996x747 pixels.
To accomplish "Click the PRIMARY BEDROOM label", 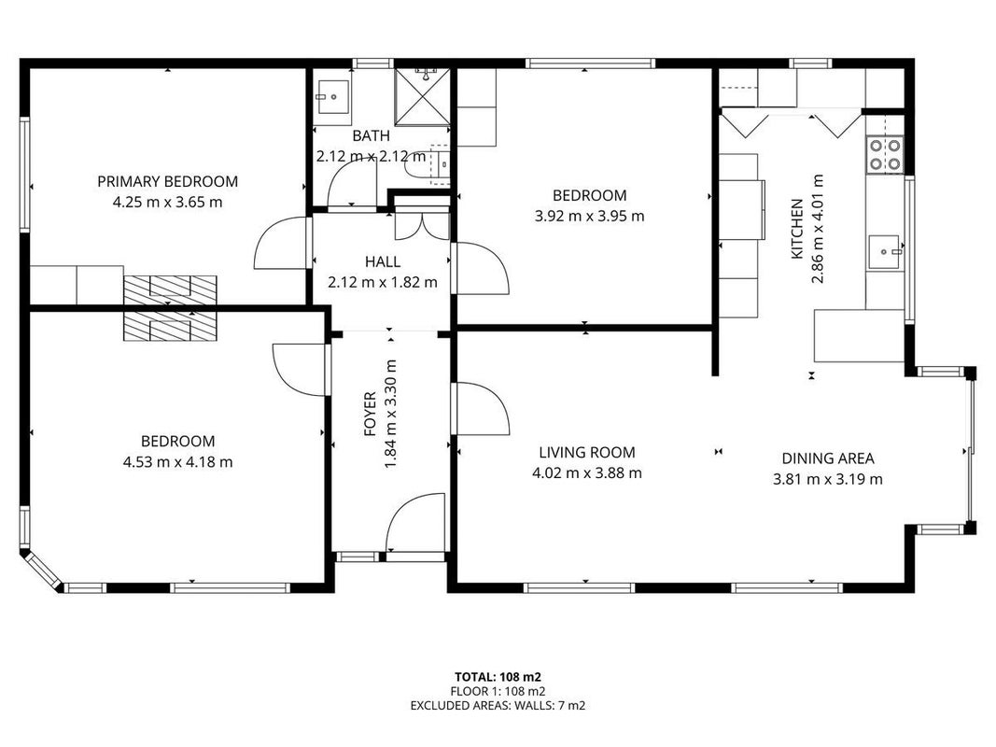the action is pos(168,182).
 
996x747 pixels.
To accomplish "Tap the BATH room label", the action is pos(371,136).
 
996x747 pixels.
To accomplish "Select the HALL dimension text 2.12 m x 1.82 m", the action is pos(383,282).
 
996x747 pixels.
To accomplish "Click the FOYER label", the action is pos(370,415).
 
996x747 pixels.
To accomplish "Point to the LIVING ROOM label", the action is pos(587,452).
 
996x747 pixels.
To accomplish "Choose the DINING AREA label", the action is pos(828,458).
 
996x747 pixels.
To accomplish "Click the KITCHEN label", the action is pos(796,229).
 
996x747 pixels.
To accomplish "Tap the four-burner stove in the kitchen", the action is pos(885,154).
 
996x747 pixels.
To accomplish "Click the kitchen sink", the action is pos(884,251).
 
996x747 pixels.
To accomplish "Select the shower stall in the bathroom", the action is pos(423,96).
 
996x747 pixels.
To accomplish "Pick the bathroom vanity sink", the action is pos(331,96).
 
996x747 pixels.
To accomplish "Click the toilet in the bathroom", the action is pos(432,164).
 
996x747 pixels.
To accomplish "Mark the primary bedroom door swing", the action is pos(282,243).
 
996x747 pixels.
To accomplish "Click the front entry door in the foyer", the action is pos(415,525).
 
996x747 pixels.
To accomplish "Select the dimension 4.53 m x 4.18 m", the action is pos(178,462).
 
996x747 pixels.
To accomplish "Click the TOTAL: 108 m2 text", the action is pos(498,677).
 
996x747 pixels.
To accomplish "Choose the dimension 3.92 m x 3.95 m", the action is pos(589,216).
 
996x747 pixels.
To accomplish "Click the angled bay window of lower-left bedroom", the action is pos(42,571).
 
